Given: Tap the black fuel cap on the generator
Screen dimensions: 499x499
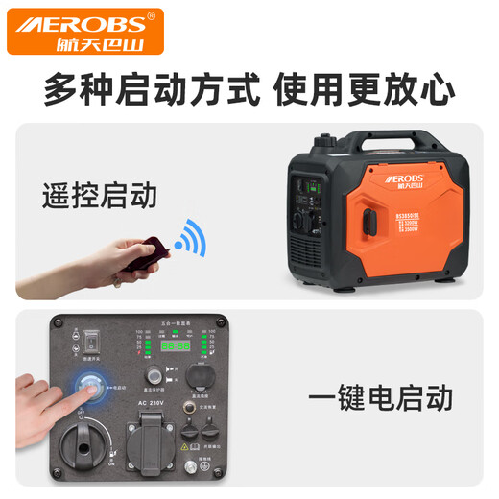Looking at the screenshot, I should (x=328, y=141).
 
